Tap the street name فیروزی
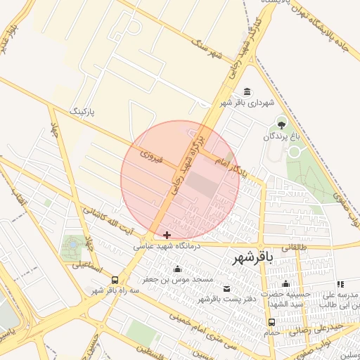click(x=151, y=156)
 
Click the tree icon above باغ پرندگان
click(x=282, y=124)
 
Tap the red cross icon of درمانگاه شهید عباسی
click(x=167, y=235)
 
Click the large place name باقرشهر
click(x=252, y=259)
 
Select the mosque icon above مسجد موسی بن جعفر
click(x=177, y=269)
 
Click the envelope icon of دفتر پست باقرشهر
click(x=226, y=289)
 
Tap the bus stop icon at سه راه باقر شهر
click(x=115, y=279)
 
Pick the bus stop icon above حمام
click(x=271, y=322)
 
